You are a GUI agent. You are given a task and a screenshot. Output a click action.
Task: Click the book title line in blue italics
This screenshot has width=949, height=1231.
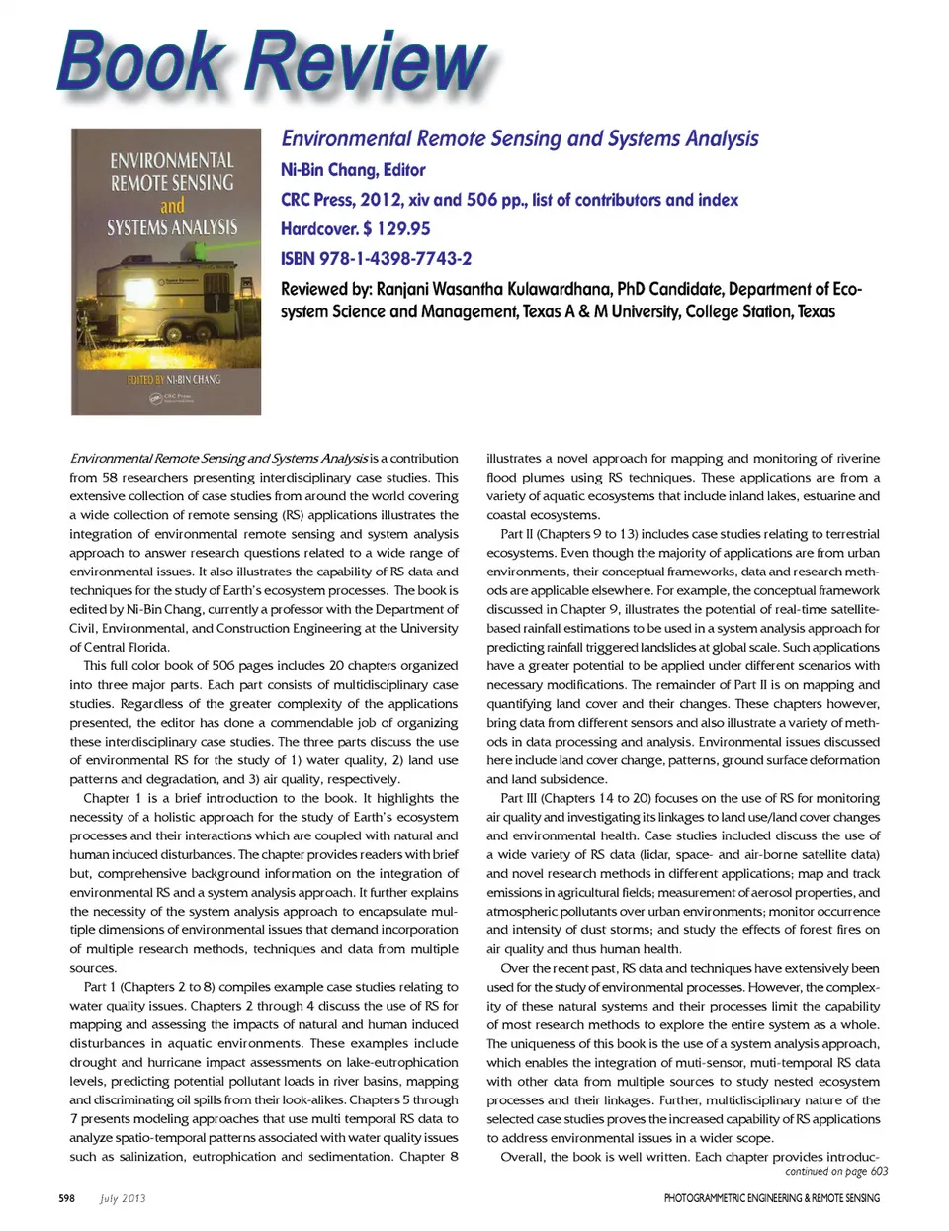click(520, 138)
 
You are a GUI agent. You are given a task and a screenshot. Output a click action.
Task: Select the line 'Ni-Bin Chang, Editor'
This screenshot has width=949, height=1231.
click(353, 170)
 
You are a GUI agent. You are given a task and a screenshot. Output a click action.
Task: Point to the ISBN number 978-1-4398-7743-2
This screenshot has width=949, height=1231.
click(395, 259)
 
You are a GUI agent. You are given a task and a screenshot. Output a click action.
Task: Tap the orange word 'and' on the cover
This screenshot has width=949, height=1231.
click(172, 206)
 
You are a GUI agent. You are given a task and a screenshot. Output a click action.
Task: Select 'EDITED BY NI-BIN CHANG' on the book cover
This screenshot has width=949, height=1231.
click(174, 379)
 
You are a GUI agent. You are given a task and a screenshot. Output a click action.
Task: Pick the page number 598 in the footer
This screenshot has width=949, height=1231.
click(66, 1198)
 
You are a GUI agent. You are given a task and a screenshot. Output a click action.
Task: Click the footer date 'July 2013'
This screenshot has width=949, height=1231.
click(123, 1198)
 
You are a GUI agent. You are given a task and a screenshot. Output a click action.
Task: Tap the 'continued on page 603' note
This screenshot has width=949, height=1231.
click(836, 1172)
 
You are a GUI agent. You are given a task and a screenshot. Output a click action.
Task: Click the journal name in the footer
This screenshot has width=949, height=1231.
click(771, 1198)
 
